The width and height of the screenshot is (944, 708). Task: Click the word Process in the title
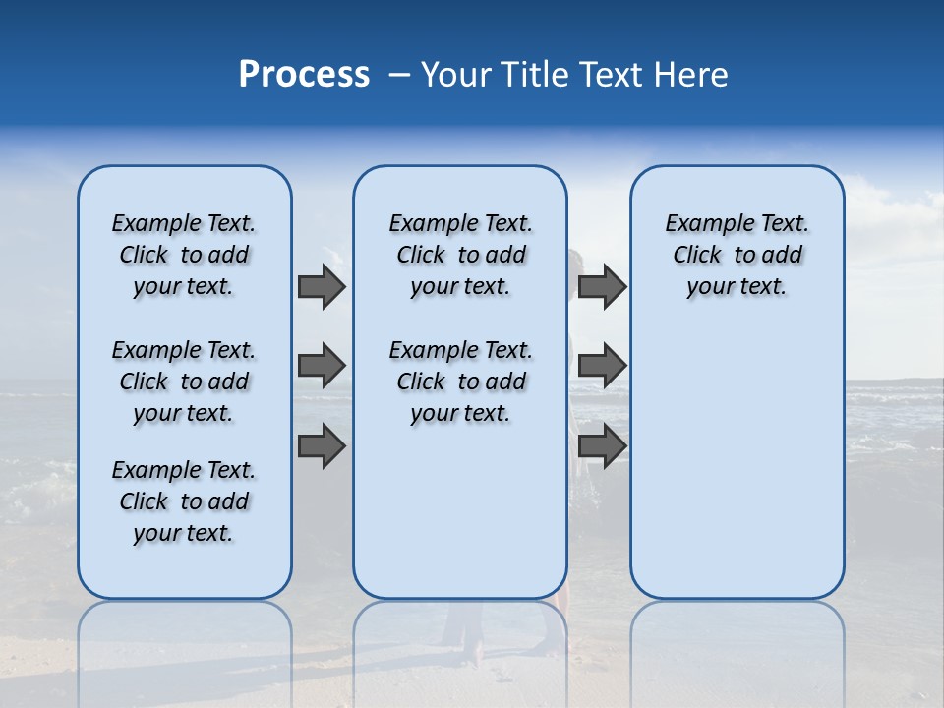click(x=304, y=75)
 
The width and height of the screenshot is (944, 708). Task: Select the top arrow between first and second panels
click(x=322, y=287)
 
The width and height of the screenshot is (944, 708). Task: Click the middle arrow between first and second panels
click(x=322, y=366)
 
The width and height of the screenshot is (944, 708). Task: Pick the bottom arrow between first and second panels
click(x=322, y=446)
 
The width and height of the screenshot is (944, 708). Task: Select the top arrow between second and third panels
click(x=602, y=287)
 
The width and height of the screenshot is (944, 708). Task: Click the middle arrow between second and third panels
click(x=602, y=366)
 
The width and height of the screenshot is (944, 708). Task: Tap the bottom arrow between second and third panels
click(x=602, y=446)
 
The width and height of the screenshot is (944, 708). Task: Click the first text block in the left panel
click(x=184, y=255)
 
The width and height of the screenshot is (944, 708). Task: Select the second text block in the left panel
click(x=184, y=382)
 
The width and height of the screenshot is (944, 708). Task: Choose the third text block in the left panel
click(x=184, y=501)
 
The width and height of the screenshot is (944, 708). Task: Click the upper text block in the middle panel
click(x=460, y=255)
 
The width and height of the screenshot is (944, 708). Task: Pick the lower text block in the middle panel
click(x=460, y=382)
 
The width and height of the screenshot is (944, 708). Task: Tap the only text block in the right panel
click(x=737, y=255)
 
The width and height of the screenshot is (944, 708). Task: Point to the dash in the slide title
click(x=399, y=75)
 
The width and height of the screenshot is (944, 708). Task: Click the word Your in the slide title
click(x=455, y=75)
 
